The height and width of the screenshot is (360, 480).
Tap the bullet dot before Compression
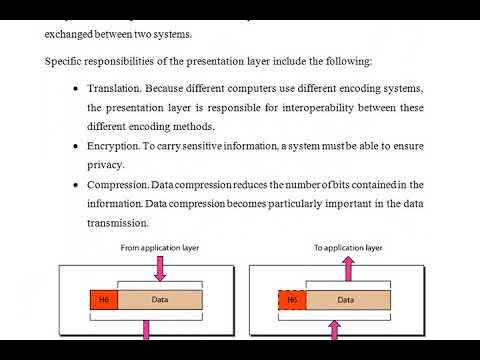pos(77,185)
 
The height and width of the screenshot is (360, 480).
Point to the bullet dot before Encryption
pos(77,146)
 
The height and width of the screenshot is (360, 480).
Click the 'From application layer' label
pos(157,246)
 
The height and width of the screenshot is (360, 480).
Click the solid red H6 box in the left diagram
pos(105,299)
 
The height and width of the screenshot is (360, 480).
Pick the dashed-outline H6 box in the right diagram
pos(292,299)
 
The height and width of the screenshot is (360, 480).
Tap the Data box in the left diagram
pos(160,299)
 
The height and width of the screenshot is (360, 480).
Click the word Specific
pos(64,61)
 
